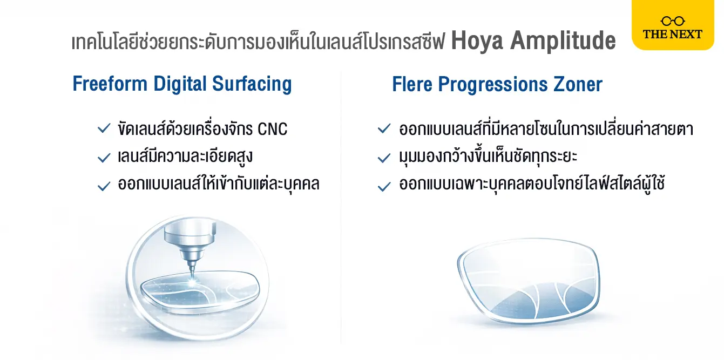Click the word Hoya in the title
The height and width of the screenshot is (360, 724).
pos(477,40)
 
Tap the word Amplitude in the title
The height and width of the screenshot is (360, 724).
pos(563,40)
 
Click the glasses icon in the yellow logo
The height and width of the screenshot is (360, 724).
pos(673,21)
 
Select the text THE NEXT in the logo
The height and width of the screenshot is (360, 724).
pos(673,34)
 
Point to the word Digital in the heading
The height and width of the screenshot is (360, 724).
pos(179,84)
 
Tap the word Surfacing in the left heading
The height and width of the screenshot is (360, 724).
pos(252,84)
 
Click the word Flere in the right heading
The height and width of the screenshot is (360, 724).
pos(412,84)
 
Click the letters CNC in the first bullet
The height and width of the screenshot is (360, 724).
pos(273,129)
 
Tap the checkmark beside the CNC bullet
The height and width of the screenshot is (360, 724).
pos(104,128)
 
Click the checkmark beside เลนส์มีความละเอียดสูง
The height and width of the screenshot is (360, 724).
pos(104,158)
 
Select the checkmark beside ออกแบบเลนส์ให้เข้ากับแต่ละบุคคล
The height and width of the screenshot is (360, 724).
pos(104,186)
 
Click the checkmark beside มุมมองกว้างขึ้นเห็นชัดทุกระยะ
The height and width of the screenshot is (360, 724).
pos(384,158)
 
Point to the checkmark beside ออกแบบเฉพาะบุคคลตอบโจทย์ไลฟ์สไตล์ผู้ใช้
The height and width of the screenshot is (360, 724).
pos(384,186)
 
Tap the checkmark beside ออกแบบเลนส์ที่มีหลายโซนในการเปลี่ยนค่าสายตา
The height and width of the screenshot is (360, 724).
pos(384,128)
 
